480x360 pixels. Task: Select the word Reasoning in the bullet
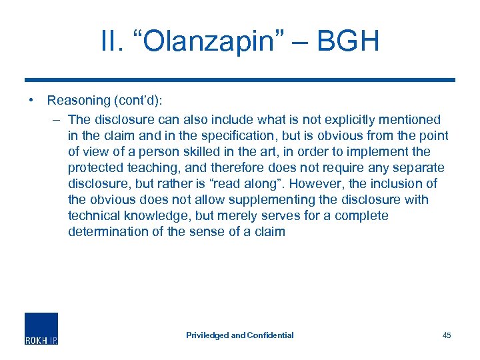(79, 101)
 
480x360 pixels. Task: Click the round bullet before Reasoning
(31, 101)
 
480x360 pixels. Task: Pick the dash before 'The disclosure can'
(56, 120)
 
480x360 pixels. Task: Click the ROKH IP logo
(41, 328)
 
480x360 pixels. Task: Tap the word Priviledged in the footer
(207, 335)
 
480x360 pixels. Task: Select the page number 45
(447, 335)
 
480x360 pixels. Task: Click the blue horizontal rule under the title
(240, 80)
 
